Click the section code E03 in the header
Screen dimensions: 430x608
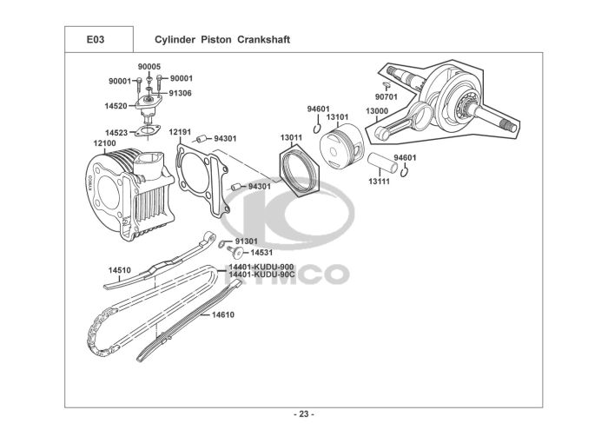click(x=96, y=40)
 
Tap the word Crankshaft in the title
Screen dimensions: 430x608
click(x=261, y=40)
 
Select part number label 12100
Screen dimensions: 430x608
click(x=104, y=142)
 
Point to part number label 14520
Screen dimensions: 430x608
click(x=115, y=106)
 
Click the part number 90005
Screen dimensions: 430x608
click(x=149, y=66)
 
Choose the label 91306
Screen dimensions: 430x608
click(x=180, y=93)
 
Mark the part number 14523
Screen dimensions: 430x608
click(x=116, y=133)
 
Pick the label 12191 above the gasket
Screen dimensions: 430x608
click(x=180, y=133)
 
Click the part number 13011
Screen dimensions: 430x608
click(x=290, y=137)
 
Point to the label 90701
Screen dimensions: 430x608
click(x=387, y=96)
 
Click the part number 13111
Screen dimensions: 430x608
click(x=378, y=182)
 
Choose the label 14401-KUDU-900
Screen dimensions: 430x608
click(x=261, y=266)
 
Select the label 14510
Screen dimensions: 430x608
click(x=119, y=270)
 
